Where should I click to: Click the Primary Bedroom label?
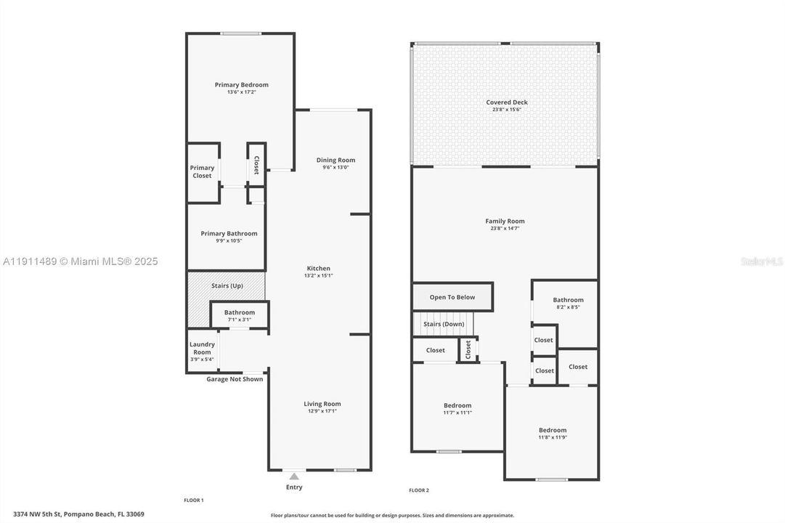[241, 85]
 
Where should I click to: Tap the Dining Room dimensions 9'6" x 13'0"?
[335, 168]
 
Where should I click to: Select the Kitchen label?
[318, 269]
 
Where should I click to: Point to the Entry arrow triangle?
[293, 476]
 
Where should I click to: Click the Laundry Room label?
[202, 348]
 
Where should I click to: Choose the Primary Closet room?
[203, 172]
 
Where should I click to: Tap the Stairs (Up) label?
[227, 286]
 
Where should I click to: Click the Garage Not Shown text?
[235, 379]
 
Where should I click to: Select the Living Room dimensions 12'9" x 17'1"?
[322, 411]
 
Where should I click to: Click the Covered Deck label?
[507, 102]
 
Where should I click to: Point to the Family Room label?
[505, 221]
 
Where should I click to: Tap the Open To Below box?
[452, 297]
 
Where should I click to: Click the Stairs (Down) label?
[444, 324]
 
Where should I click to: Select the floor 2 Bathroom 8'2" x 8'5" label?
[568, 300]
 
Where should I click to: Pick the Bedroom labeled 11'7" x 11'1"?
[457, 406]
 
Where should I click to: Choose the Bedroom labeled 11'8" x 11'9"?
[552, 430]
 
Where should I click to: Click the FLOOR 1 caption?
[194, 500]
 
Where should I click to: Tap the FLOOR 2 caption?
[419, 490]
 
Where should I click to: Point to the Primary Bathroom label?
[229, 234]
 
